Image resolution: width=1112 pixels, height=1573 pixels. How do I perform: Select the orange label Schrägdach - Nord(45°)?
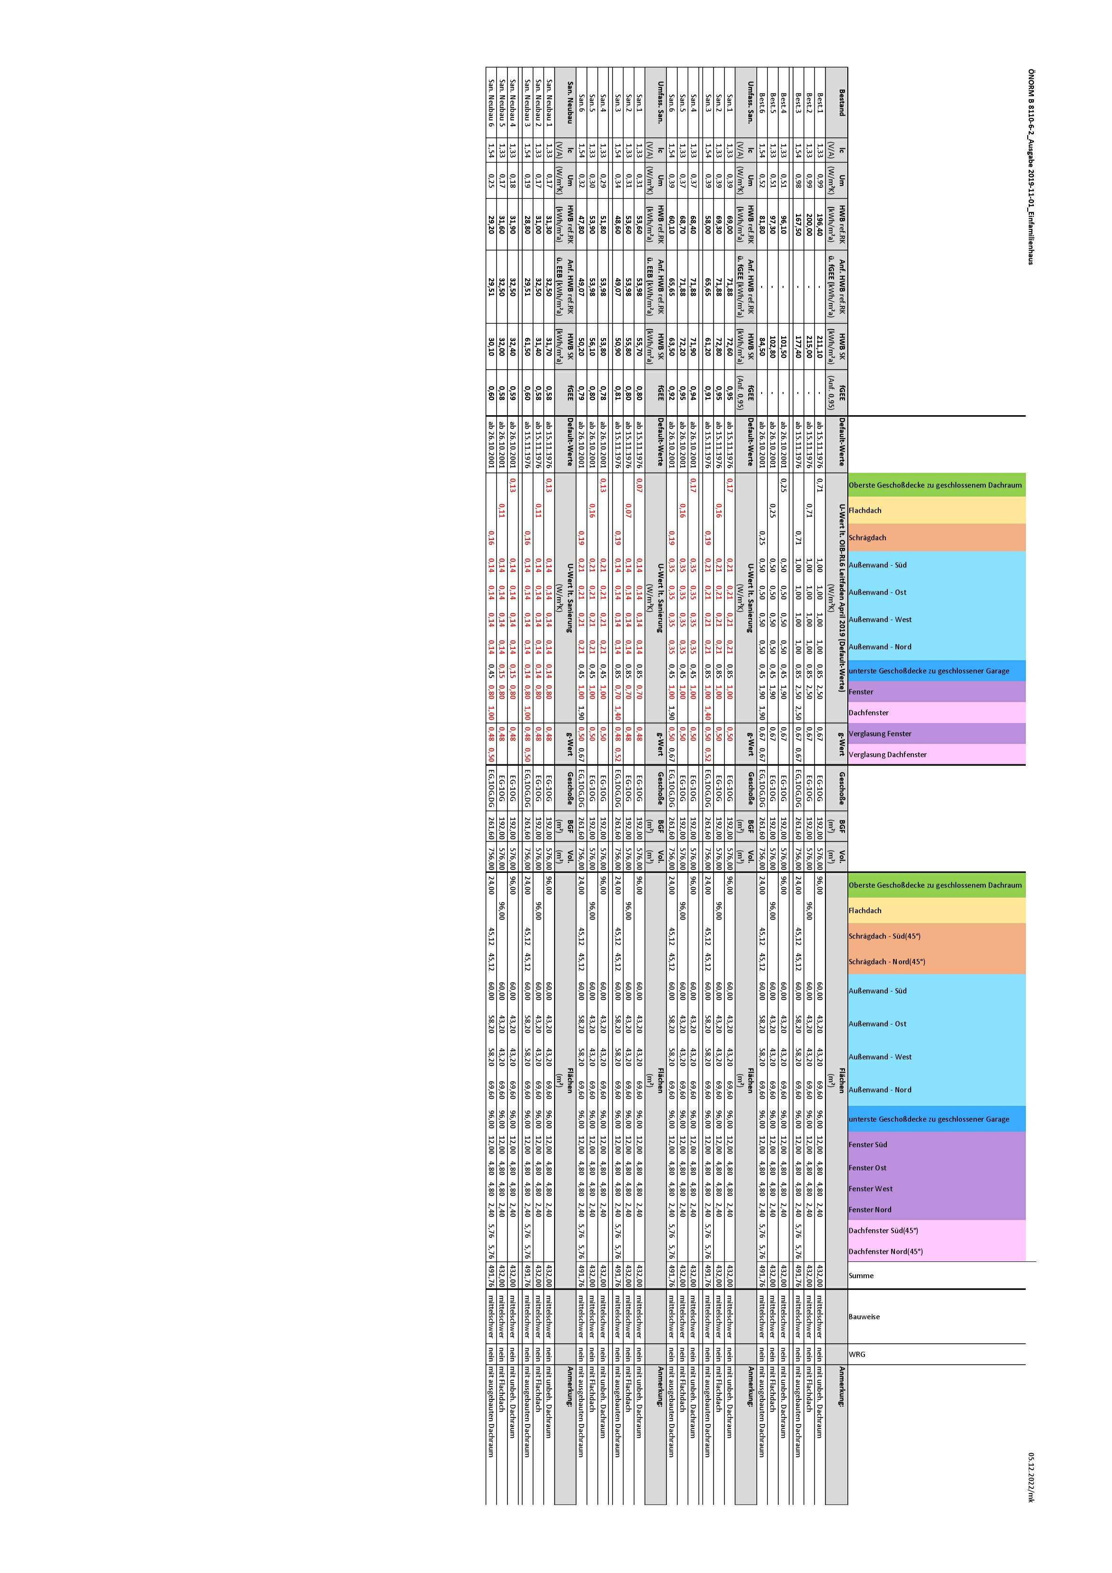[x=886, y=962]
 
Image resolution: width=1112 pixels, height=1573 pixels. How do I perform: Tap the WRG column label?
[x=857, y=1355]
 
